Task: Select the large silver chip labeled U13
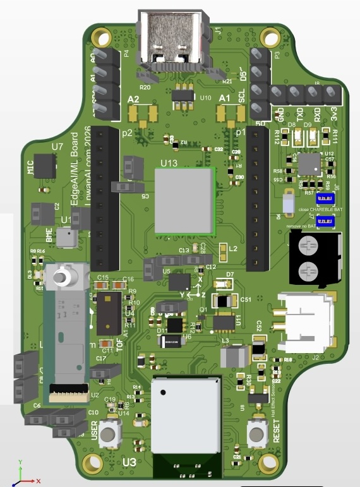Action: click(185, 200)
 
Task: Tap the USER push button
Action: click(111, 435)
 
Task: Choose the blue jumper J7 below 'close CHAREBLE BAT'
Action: click(326, 220)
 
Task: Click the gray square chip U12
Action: click(309, 164)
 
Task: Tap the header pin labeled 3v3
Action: click(331, 95)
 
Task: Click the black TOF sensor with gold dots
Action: click(109, 312)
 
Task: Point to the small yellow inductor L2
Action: click(222, 253)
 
